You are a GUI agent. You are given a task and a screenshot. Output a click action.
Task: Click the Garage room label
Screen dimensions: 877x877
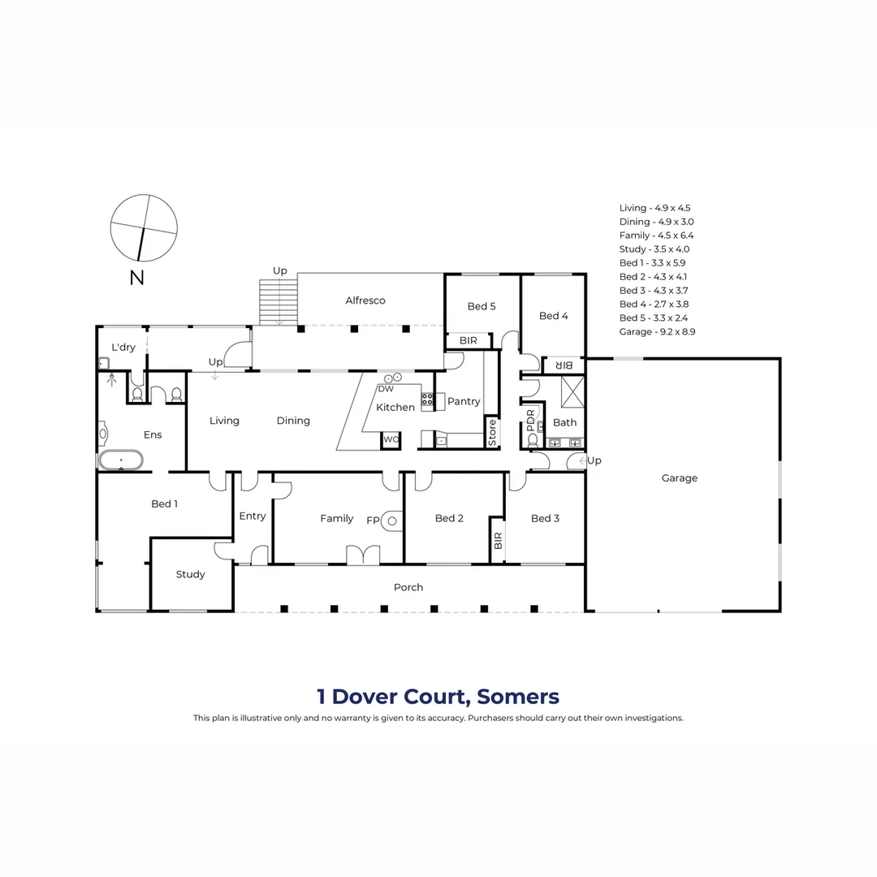[679, 478]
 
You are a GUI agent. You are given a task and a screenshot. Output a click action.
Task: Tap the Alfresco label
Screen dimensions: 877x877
[365, 300]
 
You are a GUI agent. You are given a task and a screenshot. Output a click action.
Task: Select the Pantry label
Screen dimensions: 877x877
[464, 401]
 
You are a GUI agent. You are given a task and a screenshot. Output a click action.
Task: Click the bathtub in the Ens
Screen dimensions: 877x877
[121, 461]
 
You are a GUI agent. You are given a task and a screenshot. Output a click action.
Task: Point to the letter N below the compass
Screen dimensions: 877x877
[136, 278]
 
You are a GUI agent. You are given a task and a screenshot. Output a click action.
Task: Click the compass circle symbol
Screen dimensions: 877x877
[144, 228]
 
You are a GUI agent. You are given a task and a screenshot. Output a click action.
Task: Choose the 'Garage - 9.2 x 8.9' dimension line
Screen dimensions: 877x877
[657, 331]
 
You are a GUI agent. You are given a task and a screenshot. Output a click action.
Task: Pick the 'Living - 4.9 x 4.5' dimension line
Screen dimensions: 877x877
[655, 208]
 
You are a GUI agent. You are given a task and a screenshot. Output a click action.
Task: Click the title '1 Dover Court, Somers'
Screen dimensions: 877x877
[438, 696]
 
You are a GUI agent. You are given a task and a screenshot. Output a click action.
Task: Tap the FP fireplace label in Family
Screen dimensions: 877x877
[373, 520]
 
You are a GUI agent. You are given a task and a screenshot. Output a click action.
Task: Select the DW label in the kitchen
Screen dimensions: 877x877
[386, 389]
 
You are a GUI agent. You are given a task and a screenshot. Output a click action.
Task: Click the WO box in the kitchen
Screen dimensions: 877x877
[391, 439]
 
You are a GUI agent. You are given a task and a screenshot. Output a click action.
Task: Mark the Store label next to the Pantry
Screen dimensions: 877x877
[492, 432]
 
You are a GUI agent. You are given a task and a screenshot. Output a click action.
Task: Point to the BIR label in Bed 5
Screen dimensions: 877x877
[469, 341]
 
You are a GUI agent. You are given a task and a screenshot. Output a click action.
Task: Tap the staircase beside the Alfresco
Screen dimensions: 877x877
[279, 302]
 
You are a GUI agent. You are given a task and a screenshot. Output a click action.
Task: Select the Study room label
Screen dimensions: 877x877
[191, 574]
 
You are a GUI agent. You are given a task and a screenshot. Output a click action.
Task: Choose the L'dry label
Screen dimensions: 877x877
[123, 348]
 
